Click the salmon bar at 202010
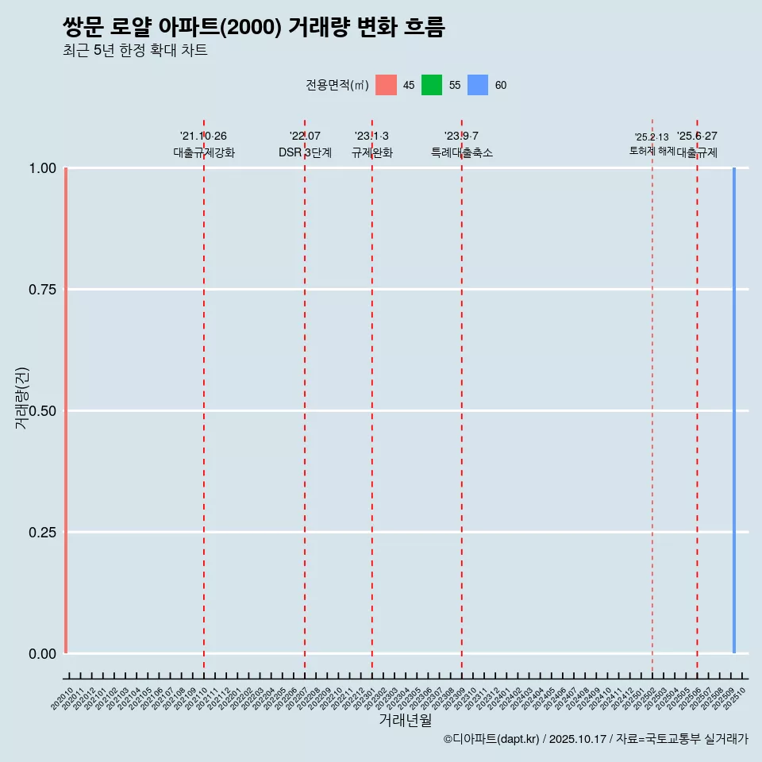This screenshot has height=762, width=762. (65, 410)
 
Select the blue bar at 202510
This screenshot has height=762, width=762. (734, 410)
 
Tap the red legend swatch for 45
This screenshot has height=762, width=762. (386, 85)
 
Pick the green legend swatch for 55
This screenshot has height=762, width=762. (432, 85)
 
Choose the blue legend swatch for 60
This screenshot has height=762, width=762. (478, 85)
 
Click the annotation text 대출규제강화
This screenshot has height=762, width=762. (204, 152)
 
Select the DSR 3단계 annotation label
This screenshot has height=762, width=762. (305, 152)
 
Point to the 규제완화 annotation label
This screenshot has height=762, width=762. (372, 152)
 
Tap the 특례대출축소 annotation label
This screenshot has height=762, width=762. (462, 152)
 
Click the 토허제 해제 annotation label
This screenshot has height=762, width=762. (652, 150)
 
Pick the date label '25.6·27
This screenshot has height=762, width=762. (697, 137)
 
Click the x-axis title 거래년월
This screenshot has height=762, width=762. (405, 720)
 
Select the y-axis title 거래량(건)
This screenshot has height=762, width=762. (21, 398)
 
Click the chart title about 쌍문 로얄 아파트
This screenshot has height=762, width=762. (254, 27)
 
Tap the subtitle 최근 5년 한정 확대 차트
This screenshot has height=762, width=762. (135, 51)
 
